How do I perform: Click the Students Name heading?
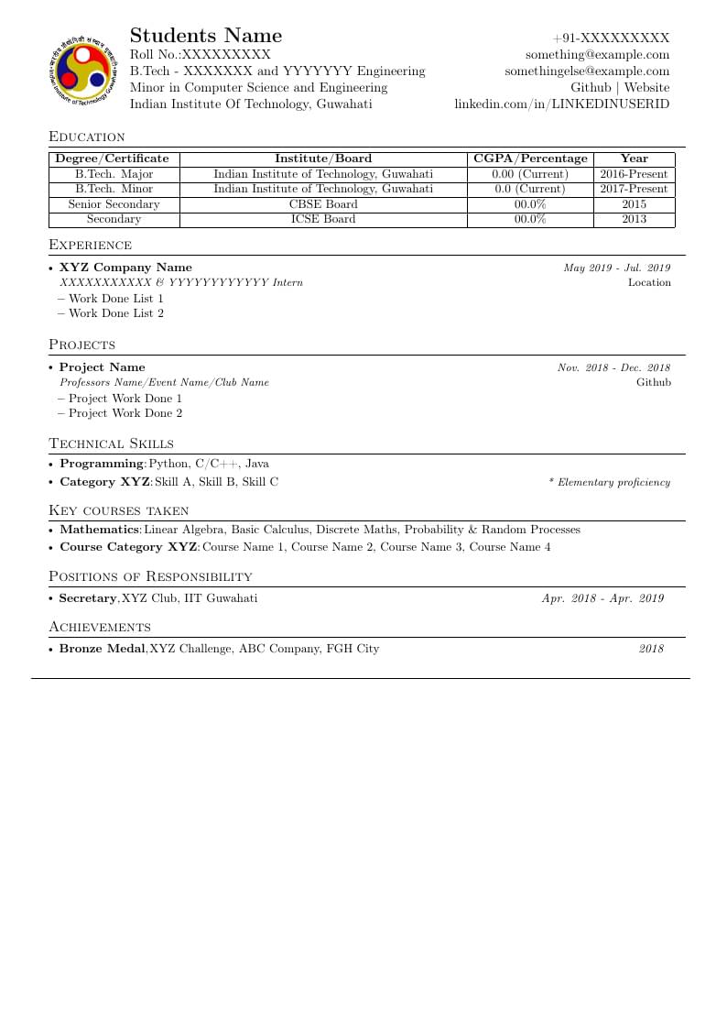(206, 36)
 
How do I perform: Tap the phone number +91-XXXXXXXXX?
(611, 38)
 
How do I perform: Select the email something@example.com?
(597, 55)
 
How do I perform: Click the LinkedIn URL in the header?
(562, 104)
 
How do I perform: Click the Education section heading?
(87, 137)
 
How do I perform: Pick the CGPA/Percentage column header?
(530, 159)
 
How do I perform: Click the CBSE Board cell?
(323, 204)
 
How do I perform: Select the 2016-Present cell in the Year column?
(634, 174)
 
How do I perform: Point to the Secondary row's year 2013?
(634, 219)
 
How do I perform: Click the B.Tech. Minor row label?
(114, 189)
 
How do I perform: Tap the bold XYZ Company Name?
(125, 268)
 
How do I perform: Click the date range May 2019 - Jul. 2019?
(616, 268)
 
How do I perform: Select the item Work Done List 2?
(116, 313)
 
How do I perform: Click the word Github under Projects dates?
(653, 382)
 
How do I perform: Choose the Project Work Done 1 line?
(125, 399)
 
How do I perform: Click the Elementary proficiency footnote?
(609, 482)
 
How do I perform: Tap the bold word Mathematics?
(99, 530)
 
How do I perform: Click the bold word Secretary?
(88, 598)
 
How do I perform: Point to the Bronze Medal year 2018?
(651, 649)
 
